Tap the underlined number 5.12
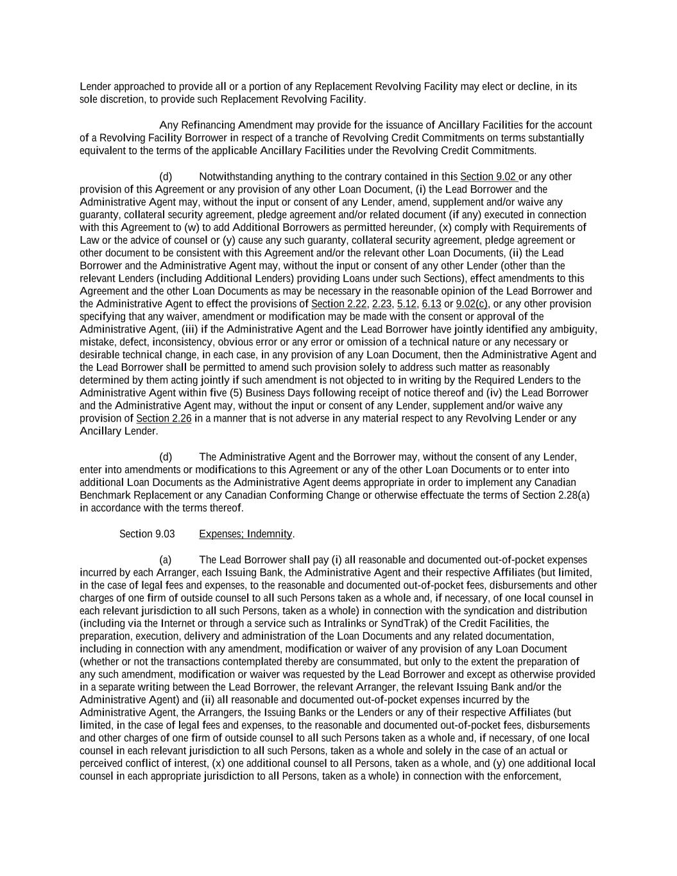pyautogui.click(x=406, y=304)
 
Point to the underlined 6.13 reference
pyautogui.click(x=431, y=304)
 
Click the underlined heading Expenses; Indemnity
pyautogui.click(x=246, y=534)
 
